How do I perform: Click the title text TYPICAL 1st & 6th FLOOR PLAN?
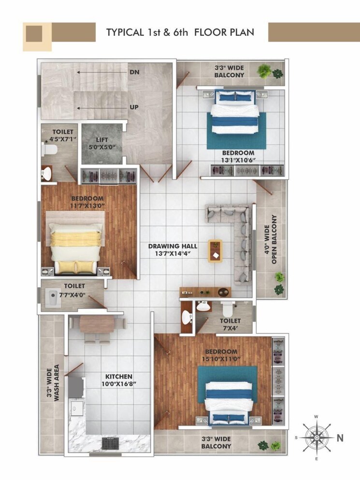[180, 32]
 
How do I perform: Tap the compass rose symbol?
[316, 438]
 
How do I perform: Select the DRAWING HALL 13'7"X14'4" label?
[173, 249]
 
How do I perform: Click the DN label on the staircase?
[135, 72]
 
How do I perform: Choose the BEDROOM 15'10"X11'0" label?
[221, 355]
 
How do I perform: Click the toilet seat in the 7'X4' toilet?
[227, 308]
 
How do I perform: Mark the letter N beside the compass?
[340, 438]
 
